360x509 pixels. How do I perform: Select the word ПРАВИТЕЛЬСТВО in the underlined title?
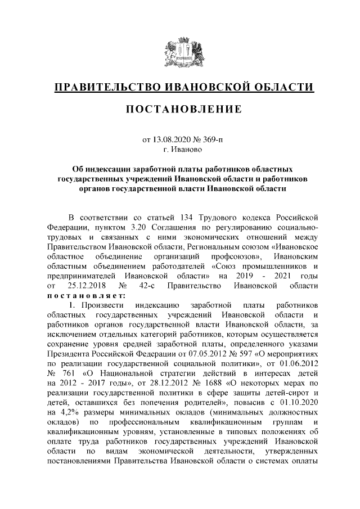click(106, 87)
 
